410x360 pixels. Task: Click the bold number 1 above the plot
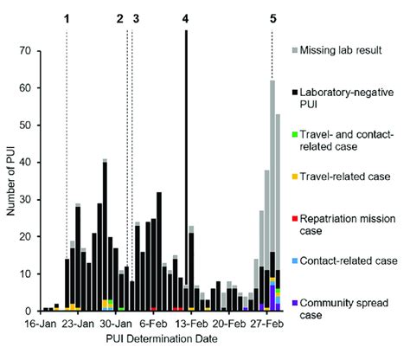(x=67, y=18)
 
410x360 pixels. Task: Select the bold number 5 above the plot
(x=272, y=18)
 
